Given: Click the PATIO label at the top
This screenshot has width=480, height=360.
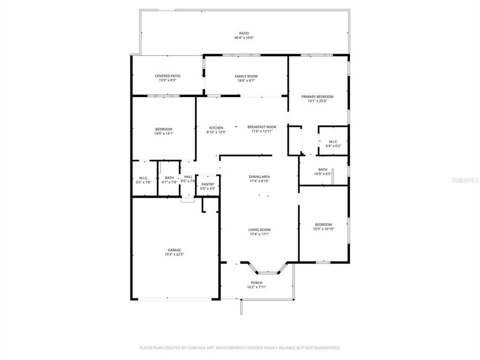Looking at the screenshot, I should [x=244, y=33].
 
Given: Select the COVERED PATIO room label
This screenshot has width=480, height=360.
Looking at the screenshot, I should [x=167, y=76].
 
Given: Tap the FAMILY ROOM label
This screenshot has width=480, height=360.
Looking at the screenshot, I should [x=246, y=76].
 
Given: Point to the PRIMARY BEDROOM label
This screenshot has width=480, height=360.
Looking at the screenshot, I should [x=317, y=96].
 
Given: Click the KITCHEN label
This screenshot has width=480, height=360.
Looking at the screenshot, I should [x=216, y=127].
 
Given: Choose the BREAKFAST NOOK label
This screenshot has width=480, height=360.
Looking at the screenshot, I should [x=261, y=127].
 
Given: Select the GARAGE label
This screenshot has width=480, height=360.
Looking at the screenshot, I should [x=174, y=250].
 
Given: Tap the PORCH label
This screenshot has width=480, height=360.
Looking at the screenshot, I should [x=256, y=283].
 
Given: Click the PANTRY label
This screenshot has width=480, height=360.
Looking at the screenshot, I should [x=207, y=184].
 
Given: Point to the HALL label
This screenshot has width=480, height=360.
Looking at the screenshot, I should [x=188, y=177].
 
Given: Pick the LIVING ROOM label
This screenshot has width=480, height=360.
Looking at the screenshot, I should [x=259, y=230].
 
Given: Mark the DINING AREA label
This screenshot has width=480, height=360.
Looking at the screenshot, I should [x=259, y=177].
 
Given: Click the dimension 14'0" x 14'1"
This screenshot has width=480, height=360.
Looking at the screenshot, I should [x=163, y=133].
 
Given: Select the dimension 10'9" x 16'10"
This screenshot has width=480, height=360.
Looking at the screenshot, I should [x=323, y=229].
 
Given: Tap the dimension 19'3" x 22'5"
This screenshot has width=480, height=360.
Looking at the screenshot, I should [x=174, y=254].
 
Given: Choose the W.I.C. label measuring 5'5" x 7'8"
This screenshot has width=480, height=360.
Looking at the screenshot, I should [x=143, y=178].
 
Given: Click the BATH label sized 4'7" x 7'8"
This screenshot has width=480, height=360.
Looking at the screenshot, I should [x=169, y=178].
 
